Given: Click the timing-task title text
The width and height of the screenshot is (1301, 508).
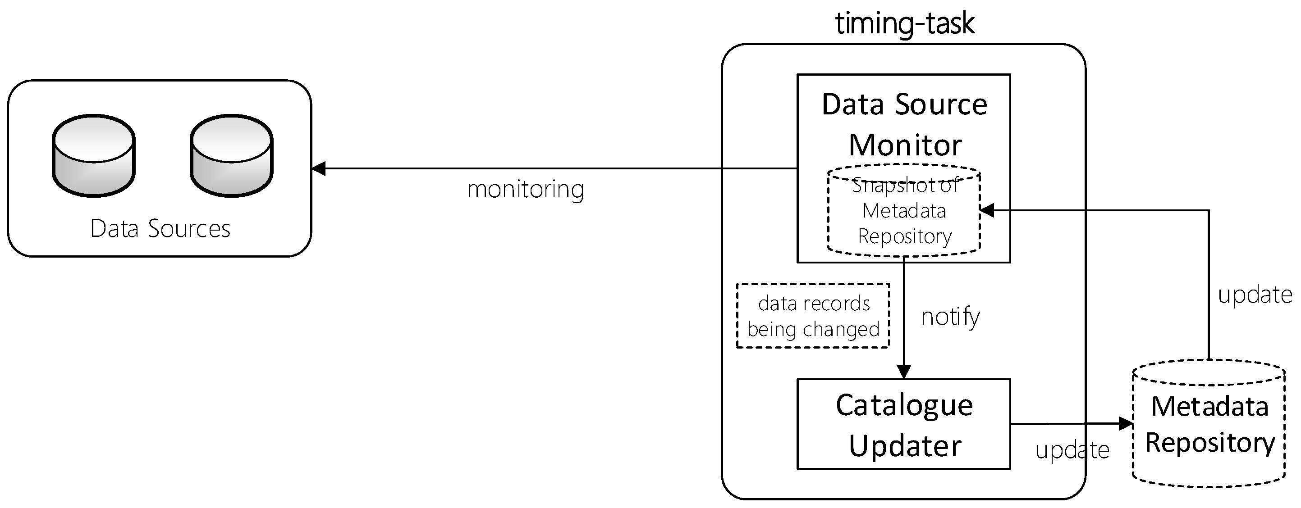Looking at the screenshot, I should (904, 24).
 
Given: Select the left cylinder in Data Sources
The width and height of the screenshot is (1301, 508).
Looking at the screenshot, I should (93, 156).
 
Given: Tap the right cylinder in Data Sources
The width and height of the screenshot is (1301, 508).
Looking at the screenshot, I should (232, 156).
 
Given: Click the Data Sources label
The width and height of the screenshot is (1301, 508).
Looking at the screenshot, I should (160, 228).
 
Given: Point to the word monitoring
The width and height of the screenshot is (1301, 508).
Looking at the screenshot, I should (525, 190).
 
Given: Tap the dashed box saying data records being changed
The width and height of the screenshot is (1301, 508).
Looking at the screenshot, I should (813, 316).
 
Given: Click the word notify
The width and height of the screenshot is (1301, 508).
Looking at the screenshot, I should (950, 317).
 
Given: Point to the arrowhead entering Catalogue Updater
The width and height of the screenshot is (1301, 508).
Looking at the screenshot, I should (903, 371).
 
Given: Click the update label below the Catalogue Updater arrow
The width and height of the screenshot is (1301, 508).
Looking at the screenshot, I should (1072, 450).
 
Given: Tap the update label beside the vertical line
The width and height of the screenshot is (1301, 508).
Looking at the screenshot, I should (1255, 295).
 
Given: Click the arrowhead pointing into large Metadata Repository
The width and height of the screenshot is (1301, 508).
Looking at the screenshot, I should (1126, 424).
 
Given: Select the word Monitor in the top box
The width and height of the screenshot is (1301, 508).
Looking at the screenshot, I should (905, 145).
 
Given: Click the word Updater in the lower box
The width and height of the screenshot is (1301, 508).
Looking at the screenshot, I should (905, 446).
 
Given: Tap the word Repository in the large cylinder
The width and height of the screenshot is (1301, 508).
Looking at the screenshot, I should (1210, 443).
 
